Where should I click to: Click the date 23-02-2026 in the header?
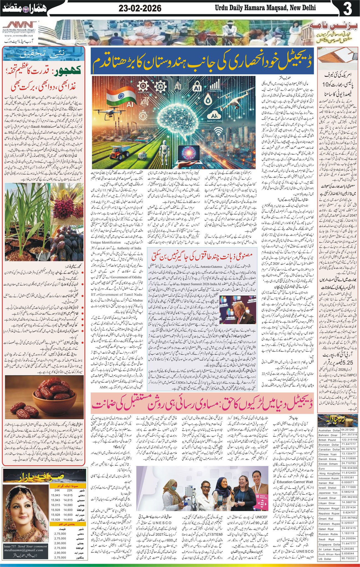click(x=140, y=9)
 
